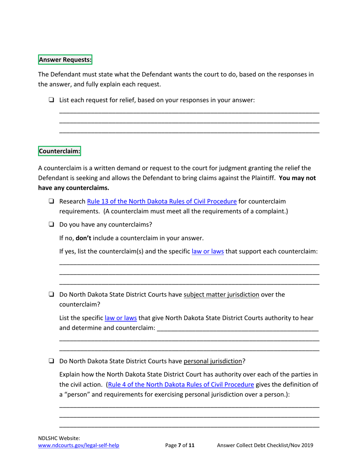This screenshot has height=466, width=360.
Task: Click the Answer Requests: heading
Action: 65,59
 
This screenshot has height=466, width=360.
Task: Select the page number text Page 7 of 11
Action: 180,446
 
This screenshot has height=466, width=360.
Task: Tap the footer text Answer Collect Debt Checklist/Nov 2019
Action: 265,446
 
